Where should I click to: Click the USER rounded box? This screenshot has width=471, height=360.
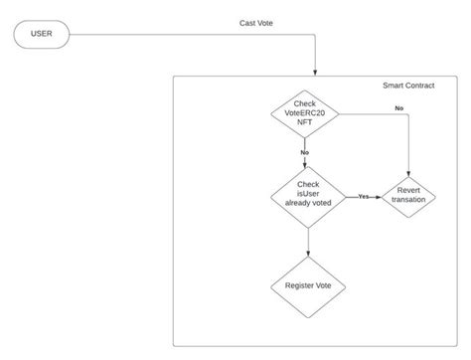click(x=42, y=35)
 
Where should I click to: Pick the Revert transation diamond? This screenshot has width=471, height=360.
click(x=409, y=195)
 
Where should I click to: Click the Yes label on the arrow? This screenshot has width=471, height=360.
click(x=363, y=197)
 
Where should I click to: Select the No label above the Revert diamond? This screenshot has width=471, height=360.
click(x=398, y=106)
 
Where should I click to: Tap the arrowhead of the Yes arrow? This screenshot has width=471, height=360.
click(x=377, y=197)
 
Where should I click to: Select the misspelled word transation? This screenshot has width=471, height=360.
click(x=409, y=200)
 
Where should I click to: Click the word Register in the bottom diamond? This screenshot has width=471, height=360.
click(x=296, y=286)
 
